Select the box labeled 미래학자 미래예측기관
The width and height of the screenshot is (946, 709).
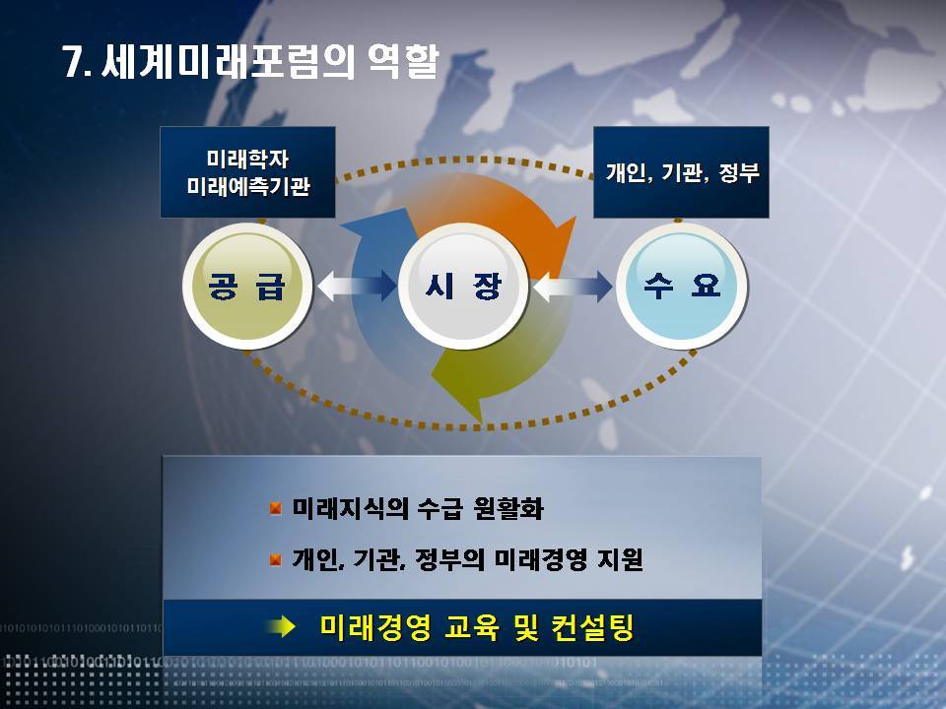click(x=247, y=171)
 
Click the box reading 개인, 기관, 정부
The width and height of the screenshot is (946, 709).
click(x=681, y=171)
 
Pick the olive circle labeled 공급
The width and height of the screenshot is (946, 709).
click(x=246, y=286)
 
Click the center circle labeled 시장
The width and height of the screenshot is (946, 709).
click(x=463, y=286)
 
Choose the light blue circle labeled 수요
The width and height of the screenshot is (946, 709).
click(x=681, y=286)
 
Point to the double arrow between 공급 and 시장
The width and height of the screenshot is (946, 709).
click(x=357, y=286)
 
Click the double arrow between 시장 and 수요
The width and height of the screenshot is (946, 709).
click(x=573, y=286)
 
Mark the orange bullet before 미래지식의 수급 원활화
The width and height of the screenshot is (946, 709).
click(x=276, y=508)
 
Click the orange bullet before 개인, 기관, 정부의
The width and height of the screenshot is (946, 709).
click(x=276, y=560)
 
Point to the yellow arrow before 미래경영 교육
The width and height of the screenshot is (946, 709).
click(x=281, y=627)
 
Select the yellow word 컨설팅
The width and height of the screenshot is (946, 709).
click(x=592, y=627)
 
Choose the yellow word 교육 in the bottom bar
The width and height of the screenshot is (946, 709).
click(x=472, y=627)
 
